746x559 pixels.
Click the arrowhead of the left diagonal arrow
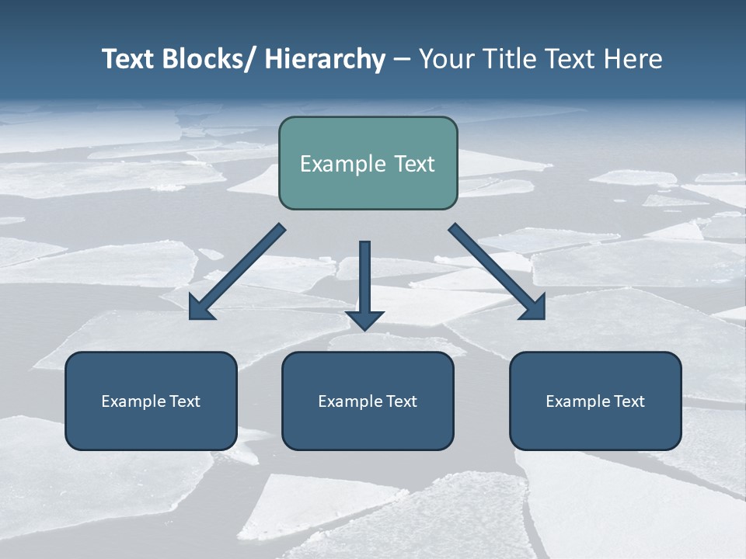coord(200,308)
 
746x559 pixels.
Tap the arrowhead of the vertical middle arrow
coord(364,320)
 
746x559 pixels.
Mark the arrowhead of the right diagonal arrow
coord(535,307)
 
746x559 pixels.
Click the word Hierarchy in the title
coord(325,60)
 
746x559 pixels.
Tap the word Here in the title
coord(633,60)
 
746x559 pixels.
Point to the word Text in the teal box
coord(414,165)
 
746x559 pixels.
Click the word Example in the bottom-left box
coord(134,401)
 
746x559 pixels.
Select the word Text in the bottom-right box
coord(629,401)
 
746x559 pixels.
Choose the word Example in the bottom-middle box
coord(350,401)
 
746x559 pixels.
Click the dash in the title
coord(402,60)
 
